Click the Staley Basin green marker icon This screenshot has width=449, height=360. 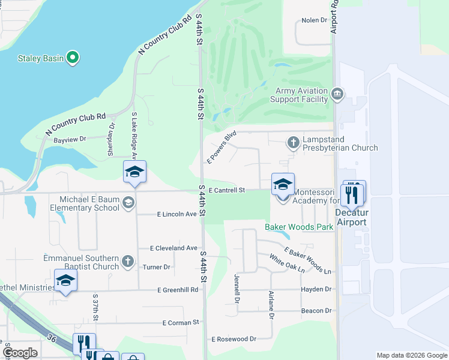(x=73, y=58)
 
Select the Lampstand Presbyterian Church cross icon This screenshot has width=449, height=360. (x=293, y=142)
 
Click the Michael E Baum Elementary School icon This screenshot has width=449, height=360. (x=128, y=203)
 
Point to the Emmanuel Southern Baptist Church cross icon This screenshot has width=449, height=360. (x=127, y=261)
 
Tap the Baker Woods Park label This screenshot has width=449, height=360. (x=299, y=227)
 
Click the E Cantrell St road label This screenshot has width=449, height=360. (x=227, y=190)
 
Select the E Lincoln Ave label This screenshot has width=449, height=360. (x=177, y=214)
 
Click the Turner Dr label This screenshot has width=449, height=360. (x=157, y=267)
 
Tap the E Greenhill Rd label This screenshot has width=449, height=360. (x=178, y=290)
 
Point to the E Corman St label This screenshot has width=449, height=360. (x=181, y=323)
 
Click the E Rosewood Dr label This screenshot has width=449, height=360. (x=234, y=339)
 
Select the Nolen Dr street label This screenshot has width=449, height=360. (x=315, y=20)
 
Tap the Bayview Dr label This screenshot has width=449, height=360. (x=70, y=139)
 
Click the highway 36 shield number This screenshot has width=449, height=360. (x=52, y=339)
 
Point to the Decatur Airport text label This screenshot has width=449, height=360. (x=351, y=217)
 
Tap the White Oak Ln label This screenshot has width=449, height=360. (x=287, y=263)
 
